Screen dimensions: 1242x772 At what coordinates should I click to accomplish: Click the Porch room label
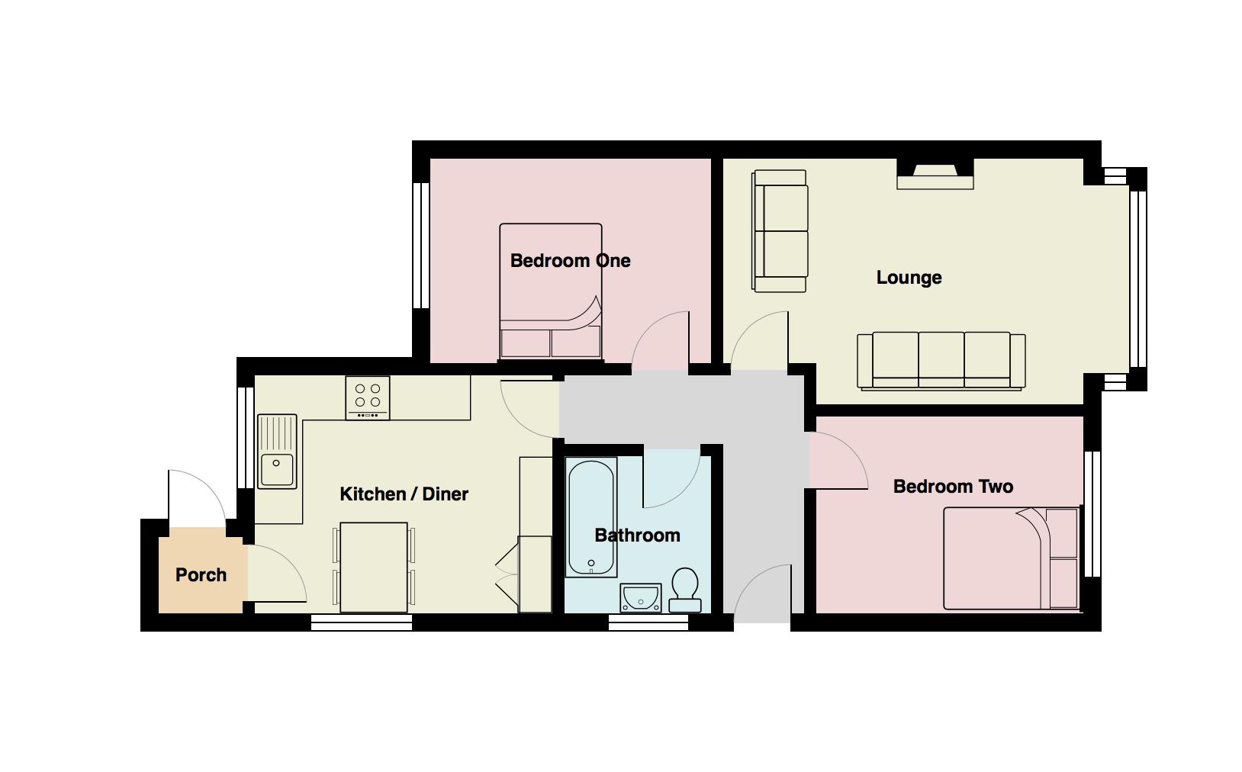point(201,575)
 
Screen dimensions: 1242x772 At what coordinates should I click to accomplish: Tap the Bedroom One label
point(570,261)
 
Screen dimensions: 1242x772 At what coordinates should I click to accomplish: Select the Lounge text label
point(909,278)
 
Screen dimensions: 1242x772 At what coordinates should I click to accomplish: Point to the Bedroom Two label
point(953,487)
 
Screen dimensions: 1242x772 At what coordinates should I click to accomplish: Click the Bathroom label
point(637,536)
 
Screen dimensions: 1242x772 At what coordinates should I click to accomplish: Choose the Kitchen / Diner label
point(404,494)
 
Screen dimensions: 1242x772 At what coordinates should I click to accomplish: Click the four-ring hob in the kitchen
point(368,397)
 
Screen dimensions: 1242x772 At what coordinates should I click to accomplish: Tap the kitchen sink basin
point(277,469)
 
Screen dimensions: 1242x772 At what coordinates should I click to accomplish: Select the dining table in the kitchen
point(374,568)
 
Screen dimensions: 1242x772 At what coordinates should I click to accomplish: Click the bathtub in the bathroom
point(591,517)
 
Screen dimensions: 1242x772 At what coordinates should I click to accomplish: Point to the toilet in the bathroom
point(685,590)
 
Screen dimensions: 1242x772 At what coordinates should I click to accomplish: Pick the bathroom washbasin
point(640,598)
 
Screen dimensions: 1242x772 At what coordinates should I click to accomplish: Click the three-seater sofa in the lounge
point(941,361)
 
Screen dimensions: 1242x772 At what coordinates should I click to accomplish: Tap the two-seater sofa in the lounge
point(780,230)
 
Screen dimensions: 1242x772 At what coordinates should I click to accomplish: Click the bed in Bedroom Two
point(1012,558)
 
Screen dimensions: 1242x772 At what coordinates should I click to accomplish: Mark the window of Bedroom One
point(421,245)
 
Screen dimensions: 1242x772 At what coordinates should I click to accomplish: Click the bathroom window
point(648,622)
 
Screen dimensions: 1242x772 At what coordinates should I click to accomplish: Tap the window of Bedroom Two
point(1092,514)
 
